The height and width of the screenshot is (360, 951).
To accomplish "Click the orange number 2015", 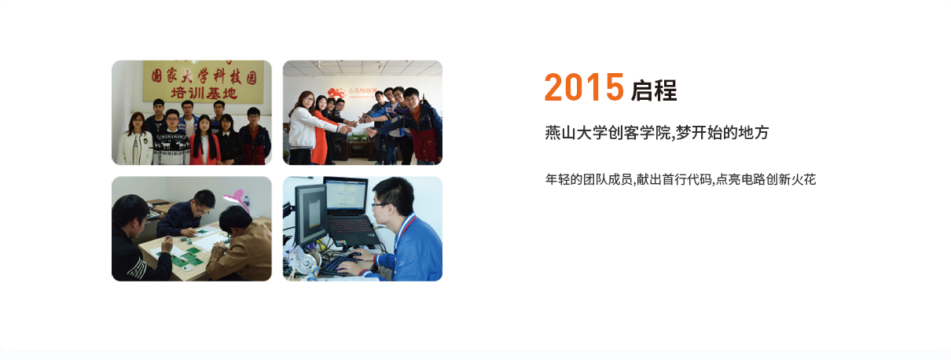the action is (584, 87).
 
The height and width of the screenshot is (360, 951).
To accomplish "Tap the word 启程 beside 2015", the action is (654, 90).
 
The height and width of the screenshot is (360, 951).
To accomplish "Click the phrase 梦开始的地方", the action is (722, 133).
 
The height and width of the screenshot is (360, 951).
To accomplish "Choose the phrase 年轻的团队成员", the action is (589, 179).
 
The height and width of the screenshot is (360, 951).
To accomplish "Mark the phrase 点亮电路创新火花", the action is (766, 179).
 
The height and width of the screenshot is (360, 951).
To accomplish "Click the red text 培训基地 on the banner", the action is (204, 93).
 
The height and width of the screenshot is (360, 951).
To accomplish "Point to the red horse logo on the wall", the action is (336, 94).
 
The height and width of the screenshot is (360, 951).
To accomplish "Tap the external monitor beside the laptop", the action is (310, 215).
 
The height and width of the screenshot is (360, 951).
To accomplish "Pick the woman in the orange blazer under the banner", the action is (204, 140).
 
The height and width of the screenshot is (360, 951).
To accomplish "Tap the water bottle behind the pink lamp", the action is (246, 200).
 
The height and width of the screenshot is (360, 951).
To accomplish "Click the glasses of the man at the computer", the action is (380, 205).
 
